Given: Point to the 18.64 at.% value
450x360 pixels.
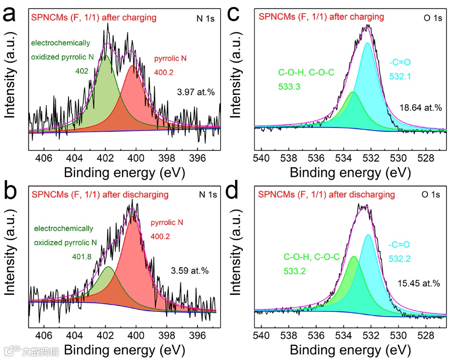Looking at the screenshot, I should (421, 108).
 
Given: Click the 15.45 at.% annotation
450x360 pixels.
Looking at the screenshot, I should (419, 283).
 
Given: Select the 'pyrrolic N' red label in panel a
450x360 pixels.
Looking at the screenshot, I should (171, 59).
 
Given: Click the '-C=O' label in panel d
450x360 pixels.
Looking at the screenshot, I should (399, 245).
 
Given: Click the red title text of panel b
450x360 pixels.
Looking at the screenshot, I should (100, 194).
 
